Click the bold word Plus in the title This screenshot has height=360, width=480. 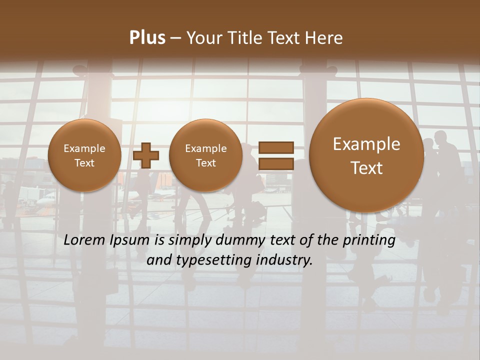(147, 38)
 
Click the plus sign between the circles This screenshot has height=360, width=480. (146, 155)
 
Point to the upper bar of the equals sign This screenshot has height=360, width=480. (275, 147)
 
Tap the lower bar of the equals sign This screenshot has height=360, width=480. (275, 163)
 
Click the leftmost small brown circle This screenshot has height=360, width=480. (84, 155)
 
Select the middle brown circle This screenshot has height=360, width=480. (205, 155)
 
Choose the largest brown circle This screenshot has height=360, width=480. (366, 155)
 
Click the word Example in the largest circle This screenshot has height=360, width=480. (366, 144)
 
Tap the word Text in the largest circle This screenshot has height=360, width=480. (366, 168)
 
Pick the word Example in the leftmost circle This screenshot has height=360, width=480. (84, 148)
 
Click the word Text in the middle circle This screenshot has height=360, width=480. (205, 163)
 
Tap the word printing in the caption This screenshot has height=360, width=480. (369, 240)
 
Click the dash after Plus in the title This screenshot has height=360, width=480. (175, 38)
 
